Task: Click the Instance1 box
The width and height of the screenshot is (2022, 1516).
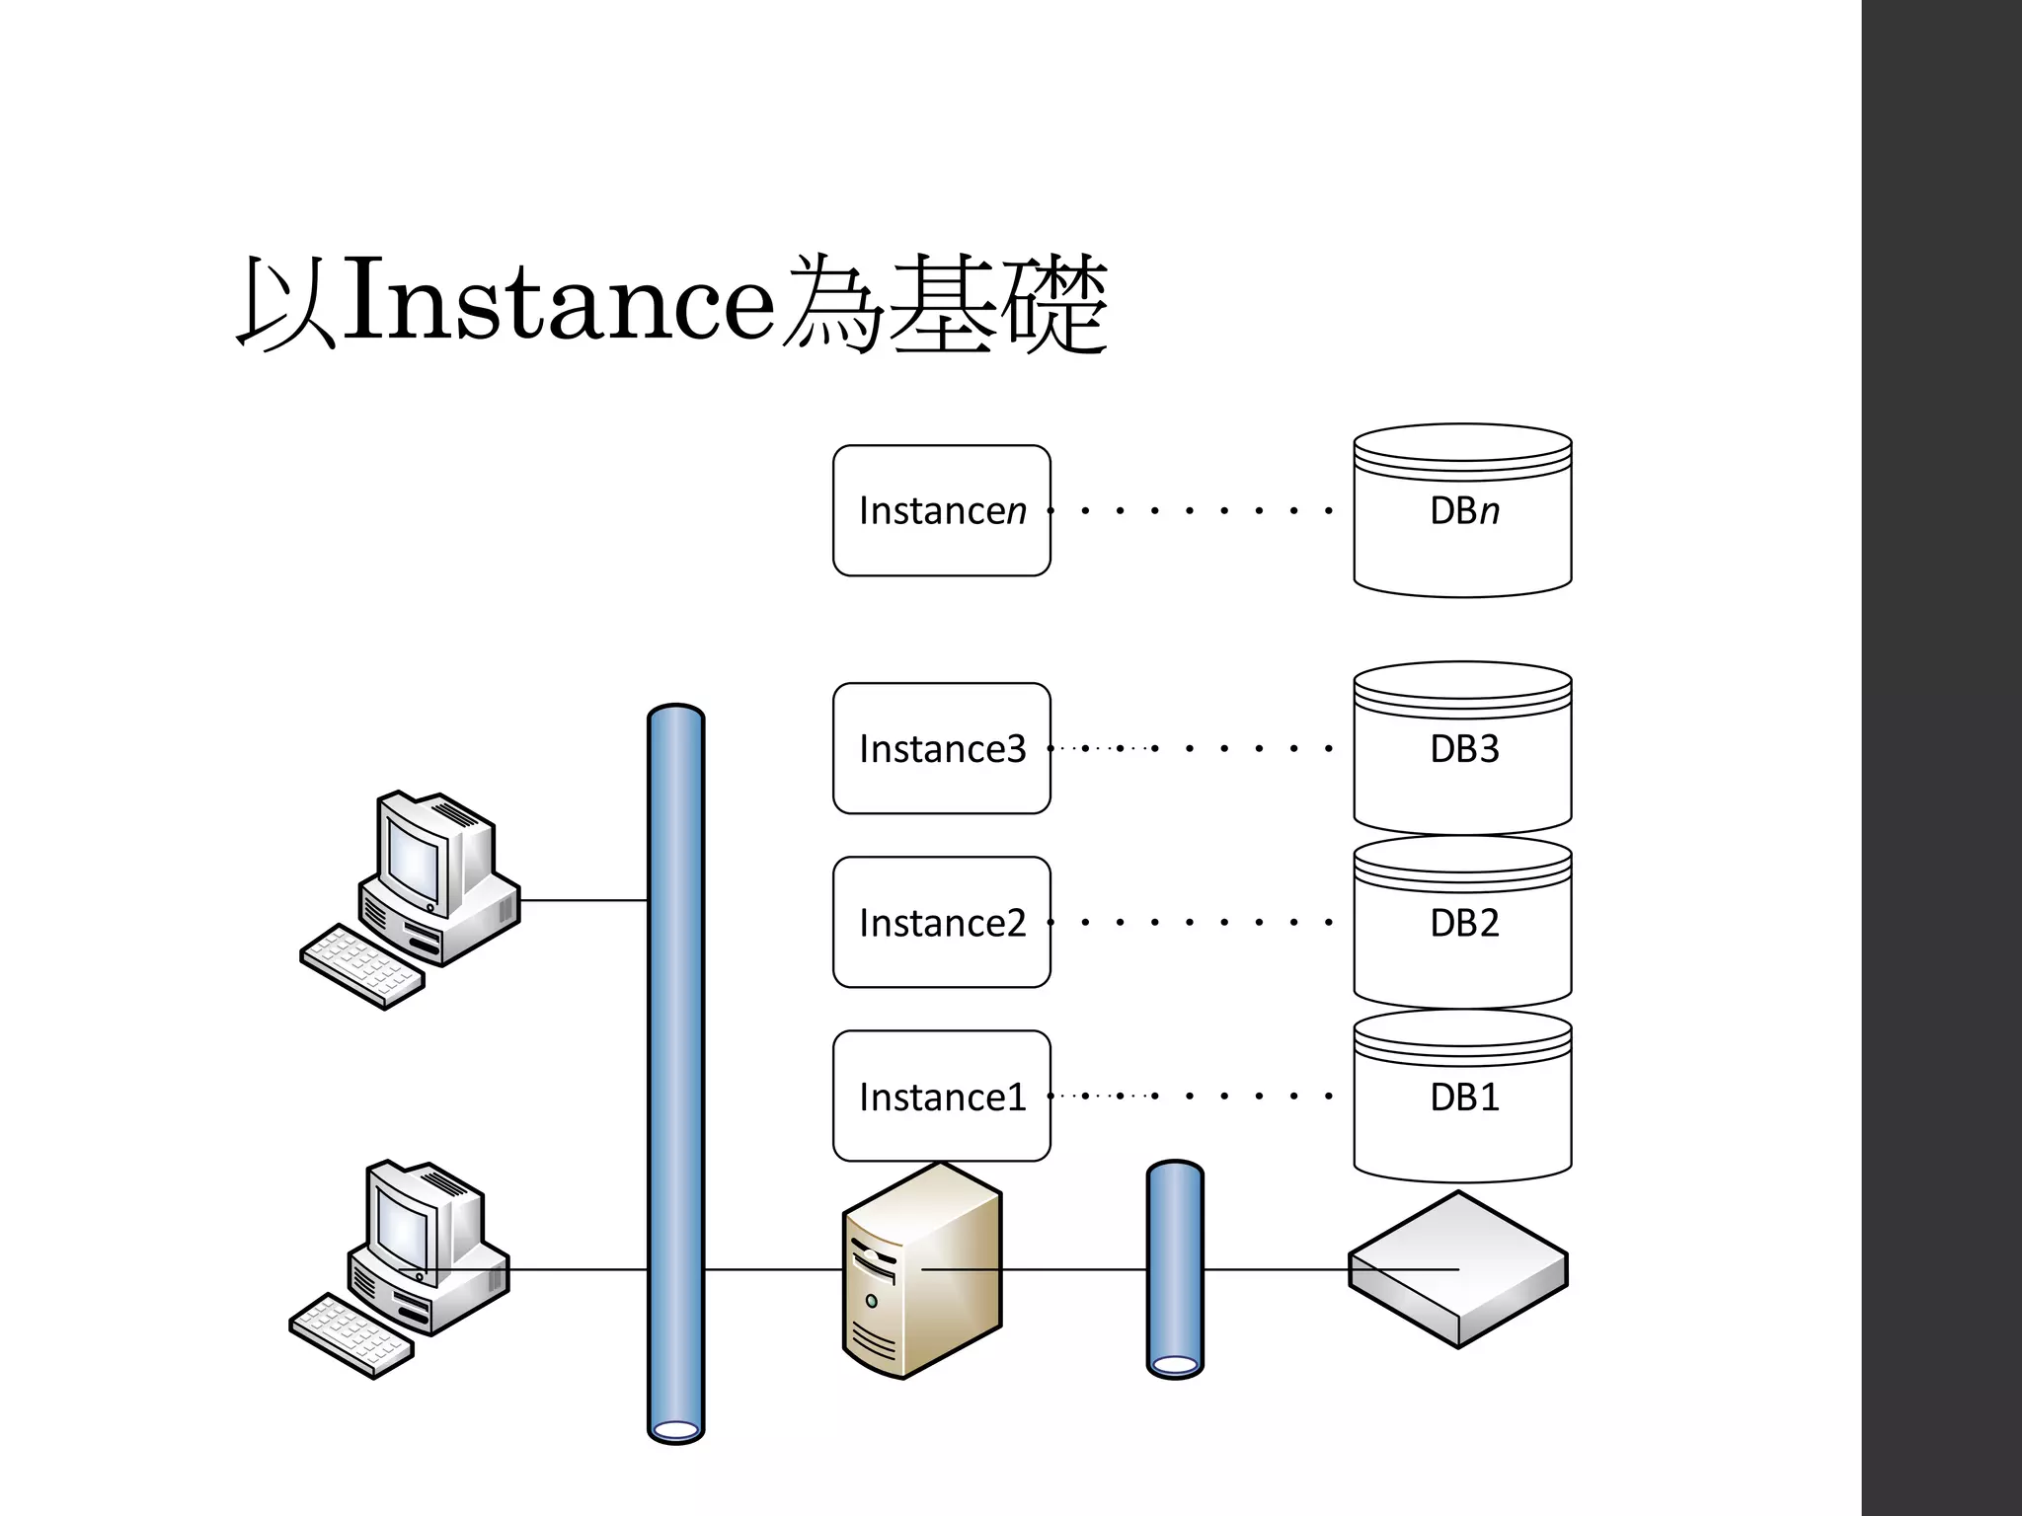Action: [x=941, y=1096]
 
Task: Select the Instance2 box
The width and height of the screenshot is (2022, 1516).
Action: [x=941, y=922]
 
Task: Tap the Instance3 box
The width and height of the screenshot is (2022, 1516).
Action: [x=941, y=748]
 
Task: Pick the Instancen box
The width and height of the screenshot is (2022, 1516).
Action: [x=941, y=510]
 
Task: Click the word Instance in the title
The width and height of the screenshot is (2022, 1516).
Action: [x=559, y=302]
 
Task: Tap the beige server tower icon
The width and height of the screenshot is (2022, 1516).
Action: [x=921, y=1273]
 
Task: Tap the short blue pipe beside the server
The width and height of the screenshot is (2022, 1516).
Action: [x=1175, y=1269]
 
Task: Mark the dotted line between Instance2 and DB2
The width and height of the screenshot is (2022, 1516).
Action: [x=1190, y=922]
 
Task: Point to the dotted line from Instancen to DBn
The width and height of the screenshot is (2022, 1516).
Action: [x=1190, y=510]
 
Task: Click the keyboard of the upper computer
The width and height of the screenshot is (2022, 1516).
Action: [x=362, y=966]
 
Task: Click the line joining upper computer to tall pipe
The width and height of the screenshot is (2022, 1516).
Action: [x=583, y=900]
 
